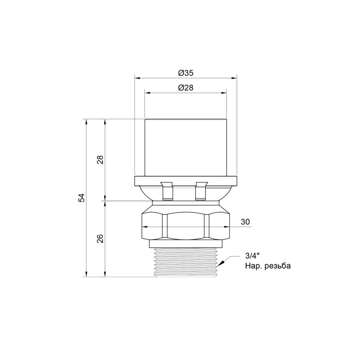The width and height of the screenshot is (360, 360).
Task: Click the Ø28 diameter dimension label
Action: click(185, 88)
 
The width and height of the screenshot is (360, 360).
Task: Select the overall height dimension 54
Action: click(81, 198)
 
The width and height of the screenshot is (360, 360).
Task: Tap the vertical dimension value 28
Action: click(100, 160)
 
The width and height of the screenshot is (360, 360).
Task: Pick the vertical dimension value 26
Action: click(100, 238)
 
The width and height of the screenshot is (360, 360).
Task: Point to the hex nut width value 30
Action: click(245, 222)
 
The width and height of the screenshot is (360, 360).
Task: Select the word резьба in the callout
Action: click(276, 266)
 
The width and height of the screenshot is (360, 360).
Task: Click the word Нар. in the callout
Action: click(252, 266)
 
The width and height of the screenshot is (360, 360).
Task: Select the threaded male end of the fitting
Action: click(185, 262)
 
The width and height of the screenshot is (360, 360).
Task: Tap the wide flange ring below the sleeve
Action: click(185, 181)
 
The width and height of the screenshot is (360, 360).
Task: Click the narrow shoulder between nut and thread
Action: click(185, 243)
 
